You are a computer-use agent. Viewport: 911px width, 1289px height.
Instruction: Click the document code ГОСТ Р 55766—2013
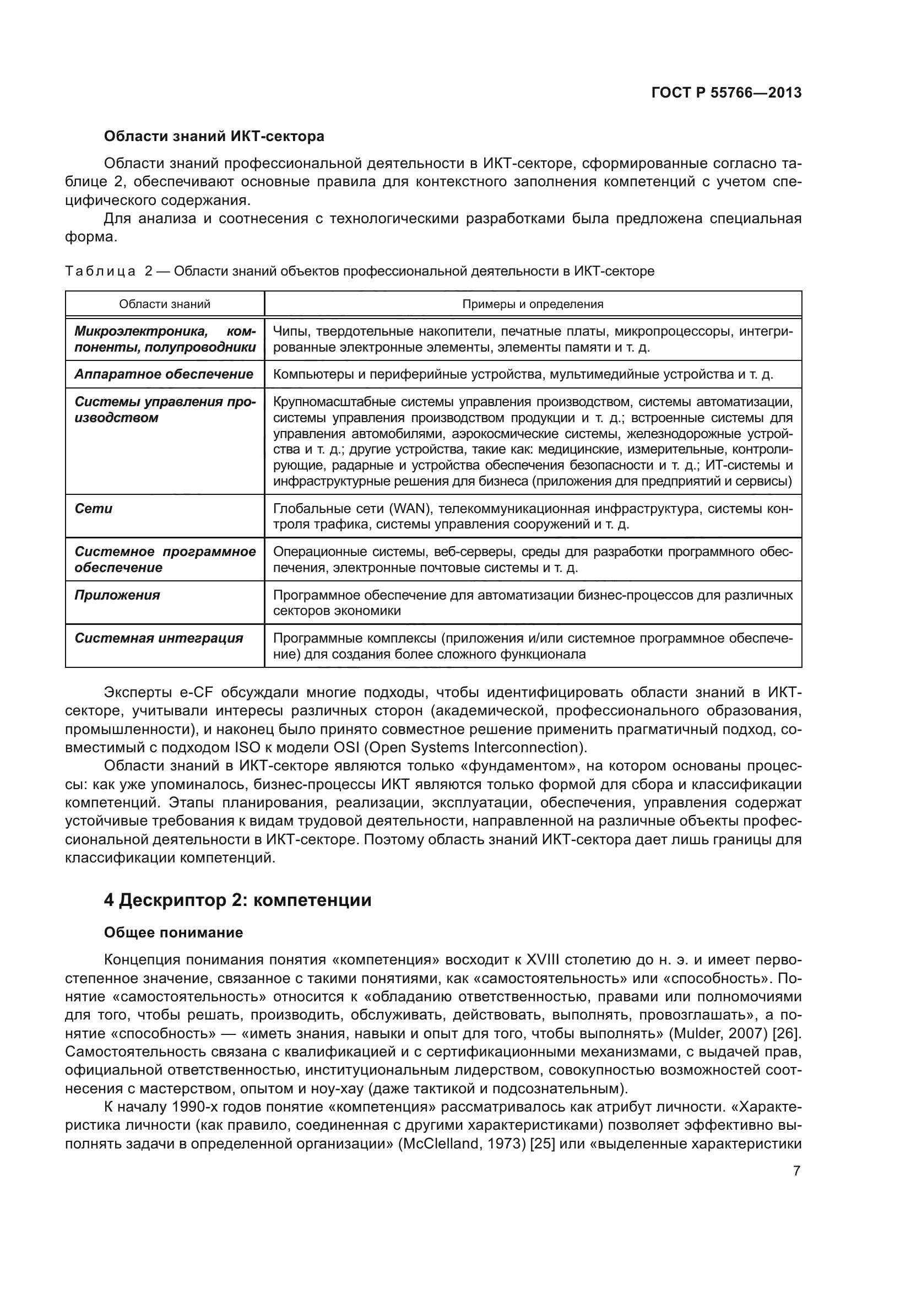(726, 93)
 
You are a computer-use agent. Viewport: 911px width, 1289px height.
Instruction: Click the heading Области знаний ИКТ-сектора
(214, 137)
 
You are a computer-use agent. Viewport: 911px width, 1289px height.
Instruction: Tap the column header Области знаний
(164, 304)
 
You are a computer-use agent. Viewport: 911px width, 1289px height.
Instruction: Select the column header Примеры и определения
(533, 304)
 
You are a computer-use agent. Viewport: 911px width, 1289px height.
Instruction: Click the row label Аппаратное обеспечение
(164, 374)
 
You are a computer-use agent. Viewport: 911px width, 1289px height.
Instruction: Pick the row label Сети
(94, 509)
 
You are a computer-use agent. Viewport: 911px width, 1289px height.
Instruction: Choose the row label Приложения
(117, 595)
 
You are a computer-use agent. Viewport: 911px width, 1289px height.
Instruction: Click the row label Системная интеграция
(159, 638)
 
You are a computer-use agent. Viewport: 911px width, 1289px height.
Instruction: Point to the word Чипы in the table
(288, 332)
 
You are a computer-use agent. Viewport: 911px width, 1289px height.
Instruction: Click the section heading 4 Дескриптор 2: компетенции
(238, 900)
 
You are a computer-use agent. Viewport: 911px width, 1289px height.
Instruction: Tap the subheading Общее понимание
(173, 932)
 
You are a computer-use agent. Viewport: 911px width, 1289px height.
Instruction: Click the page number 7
(796, 1171)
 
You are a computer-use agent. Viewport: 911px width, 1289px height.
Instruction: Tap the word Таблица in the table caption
(100, 272)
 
